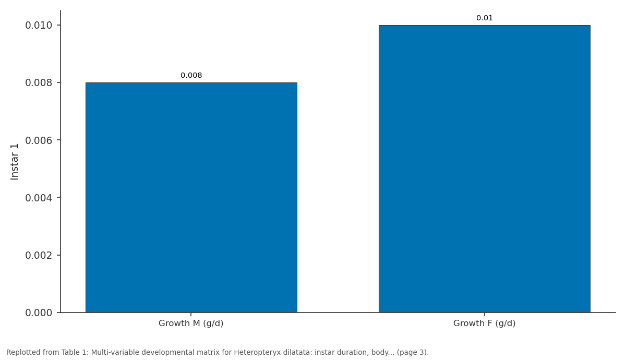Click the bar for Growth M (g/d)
coord(191,197)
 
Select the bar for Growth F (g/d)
coord(484,169)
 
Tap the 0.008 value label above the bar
coord(191,76)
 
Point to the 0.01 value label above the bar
coord(484,18)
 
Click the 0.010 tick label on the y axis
coord(39,26)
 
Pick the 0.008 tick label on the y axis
coord(39,83)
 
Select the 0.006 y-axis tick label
coord(39,140)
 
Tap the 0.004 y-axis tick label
coord(39,198)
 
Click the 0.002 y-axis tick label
coord(39,255)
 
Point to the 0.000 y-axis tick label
coord(39,313)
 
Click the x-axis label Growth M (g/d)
coord(191,323)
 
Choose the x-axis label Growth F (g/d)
coord(484,323)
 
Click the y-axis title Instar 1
coord(14,162)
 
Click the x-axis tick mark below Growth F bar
coord(484,315)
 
